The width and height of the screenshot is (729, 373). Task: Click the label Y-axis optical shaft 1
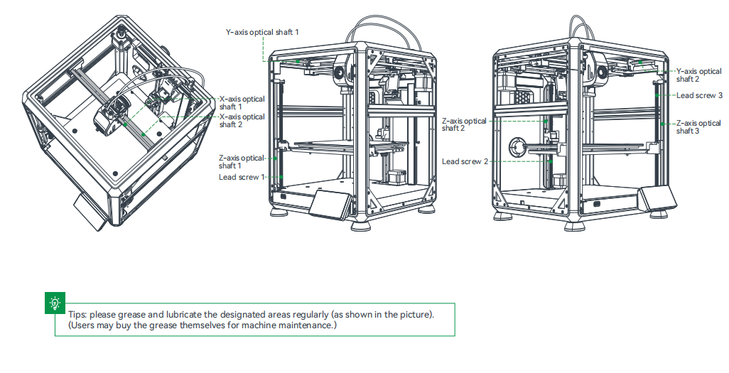pyautogui.click(x=262, y=32)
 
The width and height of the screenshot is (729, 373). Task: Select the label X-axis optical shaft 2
pyautogui.click(x=242, y=121)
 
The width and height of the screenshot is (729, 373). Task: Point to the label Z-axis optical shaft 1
pyautogui.click(x=241, y=161)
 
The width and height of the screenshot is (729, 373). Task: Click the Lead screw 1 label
pyautogui.click(x=241, y=177)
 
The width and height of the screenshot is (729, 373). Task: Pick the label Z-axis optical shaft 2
pyautogui.click(x=464, y=125)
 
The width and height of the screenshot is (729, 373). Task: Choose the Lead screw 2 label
pyautogui.click(x=465, y=161)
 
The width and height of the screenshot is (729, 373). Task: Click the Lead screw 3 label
pyautogui.click(x=700, y=95)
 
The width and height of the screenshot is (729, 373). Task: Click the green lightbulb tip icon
pyautogui.click(x=54, y=303)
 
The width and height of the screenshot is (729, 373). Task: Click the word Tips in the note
pyautogui.click(x=77, y=314)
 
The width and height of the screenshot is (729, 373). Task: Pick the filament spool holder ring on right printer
pyautogui.click(x=515, y=146)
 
